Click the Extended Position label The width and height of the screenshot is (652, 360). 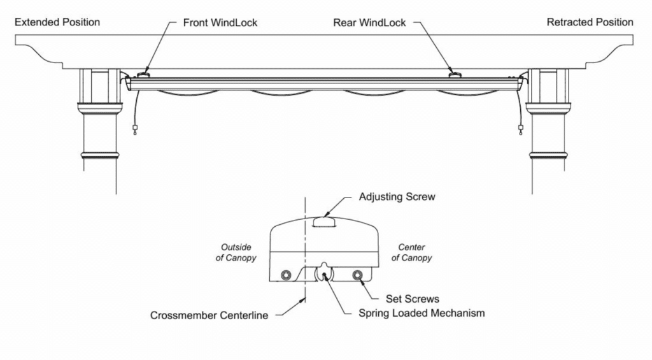(57, 22)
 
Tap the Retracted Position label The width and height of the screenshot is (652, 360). (590, 22)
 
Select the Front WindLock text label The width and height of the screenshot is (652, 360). (220, 22)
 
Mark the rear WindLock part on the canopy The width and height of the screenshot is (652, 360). (455, 75)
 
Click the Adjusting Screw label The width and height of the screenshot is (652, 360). (397, 197)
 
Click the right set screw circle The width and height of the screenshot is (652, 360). (358, 275)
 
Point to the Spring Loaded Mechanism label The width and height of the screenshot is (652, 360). (422, 313)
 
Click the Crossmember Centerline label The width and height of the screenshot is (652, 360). (209, 315)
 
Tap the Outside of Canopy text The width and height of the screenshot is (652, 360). (237, 252)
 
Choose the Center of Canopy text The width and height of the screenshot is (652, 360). (411, 252)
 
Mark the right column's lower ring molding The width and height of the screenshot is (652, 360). (549, 155)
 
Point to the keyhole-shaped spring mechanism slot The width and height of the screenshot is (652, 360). (324, 273)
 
